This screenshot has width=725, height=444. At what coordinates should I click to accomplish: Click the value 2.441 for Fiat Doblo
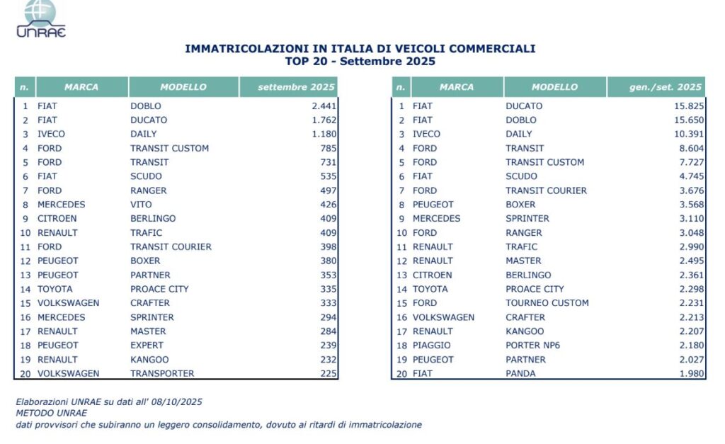[322, 106]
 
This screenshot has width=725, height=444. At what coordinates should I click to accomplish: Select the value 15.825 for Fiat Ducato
[688, 106]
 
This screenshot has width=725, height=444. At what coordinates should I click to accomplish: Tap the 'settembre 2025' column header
[287, 87]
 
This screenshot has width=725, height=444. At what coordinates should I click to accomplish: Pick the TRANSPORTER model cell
[162, 373]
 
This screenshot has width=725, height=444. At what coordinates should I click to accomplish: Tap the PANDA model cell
[520, 373]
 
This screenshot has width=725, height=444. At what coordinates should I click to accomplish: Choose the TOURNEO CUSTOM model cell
[547, 303]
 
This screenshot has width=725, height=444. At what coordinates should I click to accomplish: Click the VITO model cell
[142, 205]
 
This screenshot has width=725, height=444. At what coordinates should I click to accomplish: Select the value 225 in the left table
[327, 373]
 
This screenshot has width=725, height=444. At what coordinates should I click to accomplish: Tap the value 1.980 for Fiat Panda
[690, 373]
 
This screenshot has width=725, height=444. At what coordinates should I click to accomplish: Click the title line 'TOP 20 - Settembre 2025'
[360, 62]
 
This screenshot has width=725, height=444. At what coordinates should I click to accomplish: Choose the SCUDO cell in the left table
[146, 176]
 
